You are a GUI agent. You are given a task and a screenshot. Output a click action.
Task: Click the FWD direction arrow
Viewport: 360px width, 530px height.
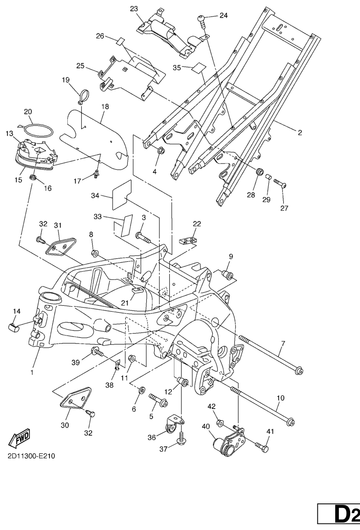pyautogui.click(x=20, y=438)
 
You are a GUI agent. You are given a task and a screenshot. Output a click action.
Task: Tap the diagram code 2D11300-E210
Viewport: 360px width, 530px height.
pyautogui.click(x=31, y=456)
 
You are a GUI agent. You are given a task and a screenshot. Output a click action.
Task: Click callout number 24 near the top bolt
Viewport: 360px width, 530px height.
pyautogui.click(x=223, y=15)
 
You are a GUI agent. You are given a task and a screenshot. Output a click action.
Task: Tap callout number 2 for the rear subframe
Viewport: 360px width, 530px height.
pyautogui.click(x=300, y=132)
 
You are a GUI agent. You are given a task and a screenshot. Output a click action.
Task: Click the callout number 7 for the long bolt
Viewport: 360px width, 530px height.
pyautogui.click(x=282, y=345)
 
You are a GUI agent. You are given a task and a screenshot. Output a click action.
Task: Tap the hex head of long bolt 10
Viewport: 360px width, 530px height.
pyautogui.click(x=291, y=423)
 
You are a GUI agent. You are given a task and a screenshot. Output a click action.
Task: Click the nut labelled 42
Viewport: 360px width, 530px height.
pyautogui.click(x=219, y=423)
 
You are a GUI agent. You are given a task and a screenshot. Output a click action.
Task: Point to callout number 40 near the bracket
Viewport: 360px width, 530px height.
pyautogui.click(x=205, y=426)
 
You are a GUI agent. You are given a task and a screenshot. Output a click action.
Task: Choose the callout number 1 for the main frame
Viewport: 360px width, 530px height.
pyautogui.click(x=32, y=372)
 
